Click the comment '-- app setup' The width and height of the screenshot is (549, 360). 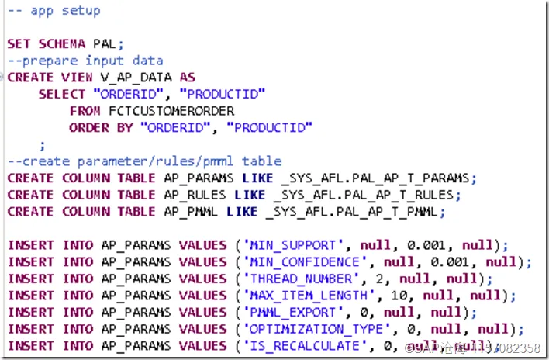[x=54, y=11]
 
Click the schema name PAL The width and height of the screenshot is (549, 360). [x=108, y=43]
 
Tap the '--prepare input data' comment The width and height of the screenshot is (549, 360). [x=85, y=60]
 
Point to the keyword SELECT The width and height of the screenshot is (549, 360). [x=62, y=93]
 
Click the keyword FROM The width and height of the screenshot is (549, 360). [x=85, y=110]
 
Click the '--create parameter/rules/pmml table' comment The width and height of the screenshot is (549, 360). [x=144, y=161]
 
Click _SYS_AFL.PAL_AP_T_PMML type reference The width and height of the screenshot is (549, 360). [x=354, y=211]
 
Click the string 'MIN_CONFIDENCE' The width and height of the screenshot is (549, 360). [x=299, y=261]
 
